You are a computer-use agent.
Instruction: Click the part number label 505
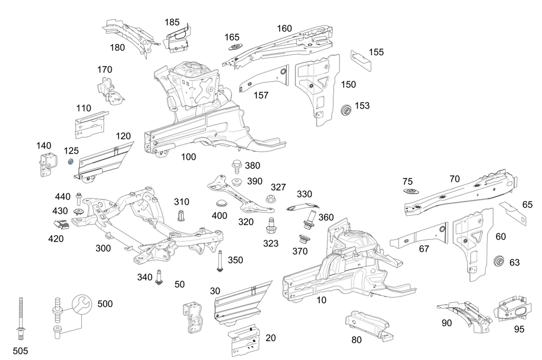pyautogui.click(x=20, y=351)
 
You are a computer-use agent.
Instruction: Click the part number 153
pyautogui.click(x=362, y=106)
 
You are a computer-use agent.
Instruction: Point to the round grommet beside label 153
pyautogui.click(x=345, y=110)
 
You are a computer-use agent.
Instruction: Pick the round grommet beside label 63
pyautogui.click(x=499, y=261)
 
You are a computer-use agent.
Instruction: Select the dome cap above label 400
pyautogui.click(x=220, y=203)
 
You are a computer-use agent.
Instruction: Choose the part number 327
pyautogui.click(x=278, y=187)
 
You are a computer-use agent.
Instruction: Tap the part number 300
pyautogui.click(x=103, y=248)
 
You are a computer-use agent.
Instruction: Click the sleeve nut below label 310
pyautogui.click(x=181, y=216)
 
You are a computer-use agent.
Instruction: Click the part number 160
pyautogui.click(x=285, y=29)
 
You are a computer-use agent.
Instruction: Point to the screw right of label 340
pyautogui.click(x=160, y=277)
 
